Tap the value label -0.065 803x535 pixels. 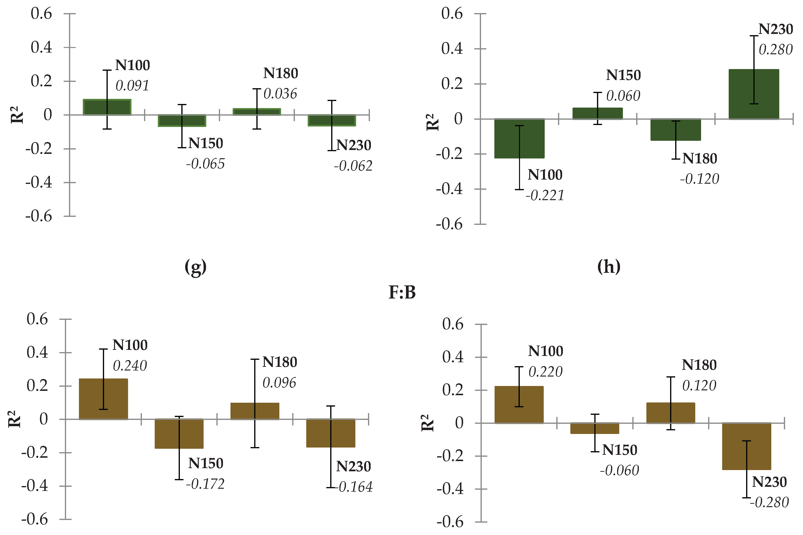[205, 164]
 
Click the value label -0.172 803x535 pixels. [205, 484]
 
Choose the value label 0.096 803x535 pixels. [279, 383]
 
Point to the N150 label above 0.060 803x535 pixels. [623, 75]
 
